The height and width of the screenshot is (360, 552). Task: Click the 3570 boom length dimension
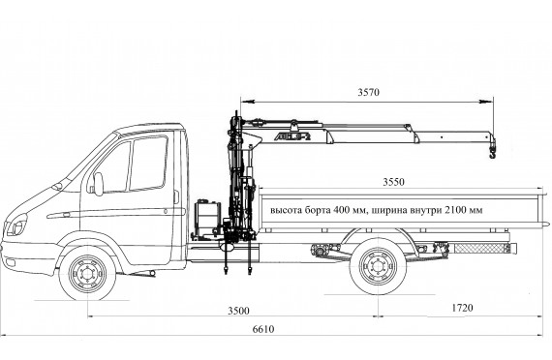point(369,92)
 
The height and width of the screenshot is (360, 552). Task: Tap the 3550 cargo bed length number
point(393,182)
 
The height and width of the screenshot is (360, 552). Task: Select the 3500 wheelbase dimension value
point(238,311)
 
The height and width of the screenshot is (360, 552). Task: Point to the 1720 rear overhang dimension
point(462,308)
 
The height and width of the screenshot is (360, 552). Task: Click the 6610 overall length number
point(263,329)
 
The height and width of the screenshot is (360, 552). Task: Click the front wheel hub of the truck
point(87,274)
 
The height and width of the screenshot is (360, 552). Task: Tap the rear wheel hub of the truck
point(378,266)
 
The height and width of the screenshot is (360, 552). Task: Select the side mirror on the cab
point(98,184)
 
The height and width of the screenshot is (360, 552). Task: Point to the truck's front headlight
point(15,225)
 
